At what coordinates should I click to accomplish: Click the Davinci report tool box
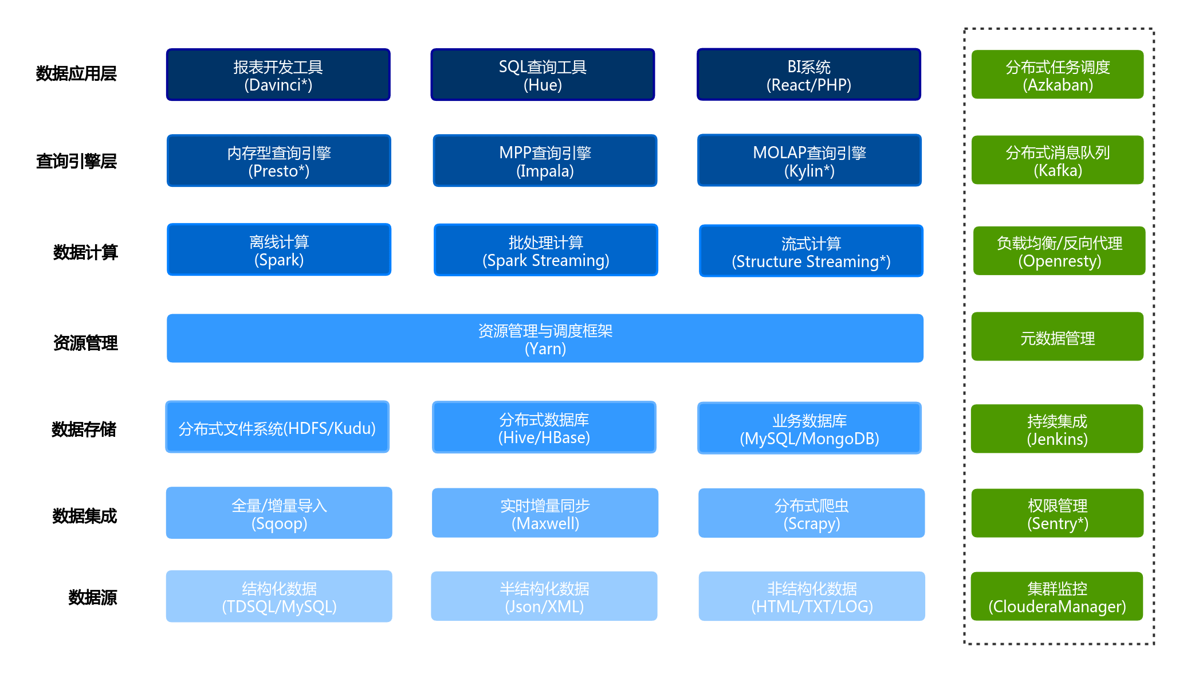278,75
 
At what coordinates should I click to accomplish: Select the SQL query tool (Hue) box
543,75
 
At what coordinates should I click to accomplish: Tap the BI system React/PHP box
809,75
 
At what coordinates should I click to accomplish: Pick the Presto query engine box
279,161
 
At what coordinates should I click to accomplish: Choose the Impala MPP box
545,161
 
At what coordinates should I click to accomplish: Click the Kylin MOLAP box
809,161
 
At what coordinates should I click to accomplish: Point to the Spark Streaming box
546,250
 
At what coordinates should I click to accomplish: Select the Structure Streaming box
811,251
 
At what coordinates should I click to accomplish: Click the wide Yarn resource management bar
545,338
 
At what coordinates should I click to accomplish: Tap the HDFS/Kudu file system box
277,427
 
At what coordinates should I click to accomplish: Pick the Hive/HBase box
544,428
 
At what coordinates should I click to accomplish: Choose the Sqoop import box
279,513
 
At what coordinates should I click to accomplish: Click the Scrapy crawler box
812,513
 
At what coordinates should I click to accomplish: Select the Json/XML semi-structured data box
544,596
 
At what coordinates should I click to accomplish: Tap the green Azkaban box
1058,75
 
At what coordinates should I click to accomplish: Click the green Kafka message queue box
1058,160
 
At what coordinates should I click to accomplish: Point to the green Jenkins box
1057,429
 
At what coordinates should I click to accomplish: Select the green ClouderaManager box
1057,596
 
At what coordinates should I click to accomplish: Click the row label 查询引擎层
76,162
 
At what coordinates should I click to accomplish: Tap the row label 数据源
93,597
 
